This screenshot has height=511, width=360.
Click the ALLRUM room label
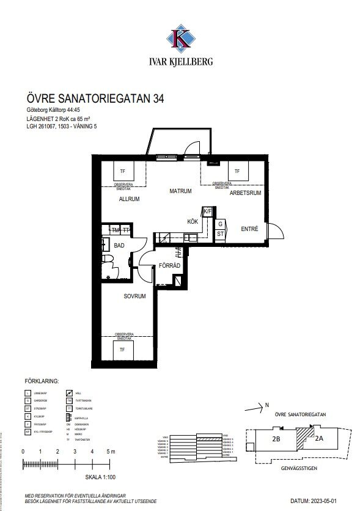pos(130,199)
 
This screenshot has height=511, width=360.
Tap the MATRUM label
pos(181,191)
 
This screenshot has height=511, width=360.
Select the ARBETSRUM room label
pos(245,193)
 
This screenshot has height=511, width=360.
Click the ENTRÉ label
pos(250,229)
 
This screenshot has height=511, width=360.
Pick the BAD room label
pos(119,245)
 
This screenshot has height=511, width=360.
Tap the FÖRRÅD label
pos(169,267)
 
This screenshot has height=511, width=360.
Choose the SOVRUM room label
pos(134,296)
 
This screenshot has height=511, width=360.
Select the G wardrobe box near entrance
pos(220,224)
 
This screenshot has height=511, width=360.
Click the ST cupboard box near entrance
pos(220,233)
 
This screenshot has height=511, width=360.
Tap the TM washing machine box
pos(115,230)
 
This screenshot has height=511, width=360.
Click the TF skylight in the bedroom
pos(122,350)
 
